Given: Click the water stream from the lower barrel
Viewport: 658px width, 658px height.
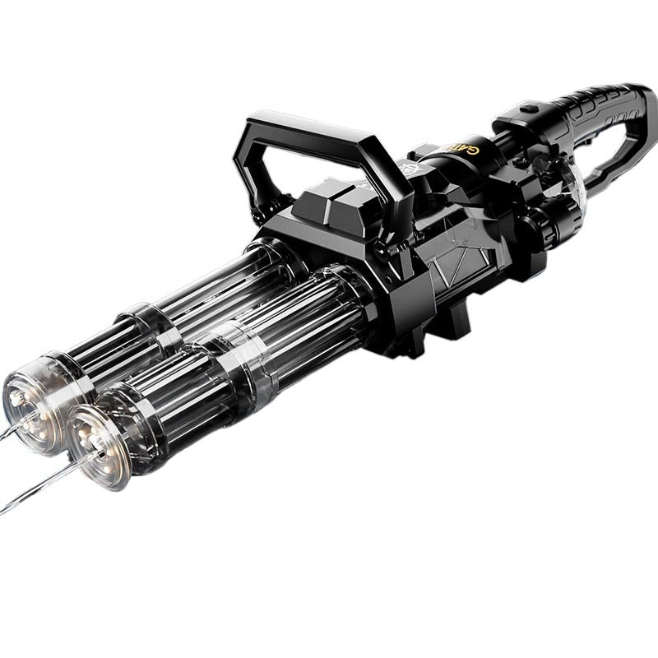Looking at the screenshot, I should pos(33,485).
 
